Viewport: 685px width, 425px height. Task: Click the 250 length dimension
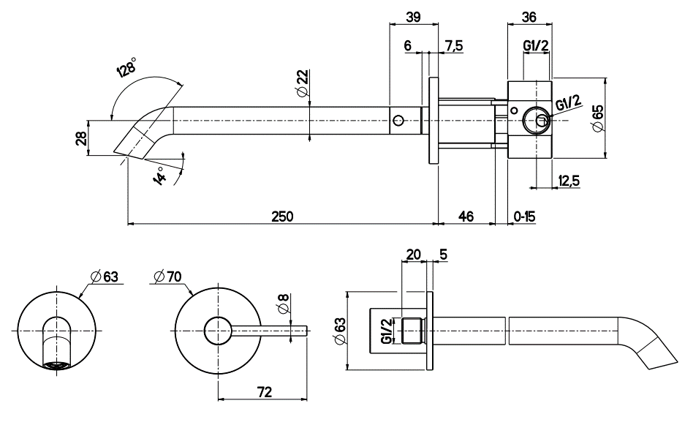(282, 217)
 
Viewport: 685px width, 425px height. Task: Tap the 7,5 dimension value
(453, 45)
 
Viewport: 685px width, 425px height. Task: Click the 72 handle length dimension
(265, 392)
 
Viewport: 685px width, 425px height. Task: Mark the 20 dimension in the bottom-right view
(413, 254)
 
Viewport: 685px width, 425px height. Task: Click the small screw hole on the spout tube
(398, 120)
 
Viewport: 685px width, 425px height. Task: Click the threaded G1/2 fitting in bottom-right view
(415, 331)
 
